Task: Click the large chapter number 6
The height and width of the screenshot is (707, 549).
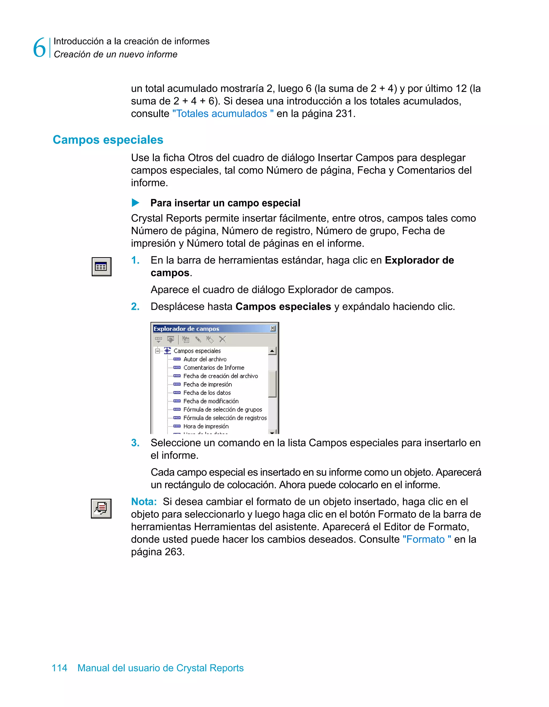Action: click(x=39, y=48)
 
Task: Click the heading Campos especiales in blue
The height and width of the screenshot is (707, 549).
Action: click(x=108, y=140)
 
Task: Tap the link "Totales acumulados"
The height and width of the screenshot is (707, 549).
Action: click(x=223, y=114)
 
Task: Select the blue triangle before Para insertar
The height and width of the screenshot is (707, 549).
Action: click(x=135, y=203)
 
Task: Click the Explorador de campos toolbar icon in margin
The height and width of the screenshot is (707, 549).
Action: click(x=101, y=267)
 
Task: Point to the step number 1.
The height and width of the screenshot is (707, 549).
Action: click(x=135, y=260)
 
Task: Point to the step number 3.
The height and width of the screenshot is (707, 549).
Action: click(x=135, y=443)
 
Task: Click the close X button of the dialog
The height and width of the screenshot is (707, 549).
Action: click(x=273, y=328)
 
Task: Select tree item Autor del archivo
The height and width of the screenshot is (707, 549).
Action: click(x=205, y=359)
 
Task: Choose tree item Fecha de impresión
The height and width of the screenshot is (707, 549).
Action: click(x=207, y=384)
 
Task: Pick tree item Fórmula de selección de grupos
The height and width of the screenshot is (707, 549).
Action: click(x=222, y=410)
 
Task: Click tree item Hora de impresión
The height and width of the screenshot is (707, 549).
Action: click(x=206, y=426)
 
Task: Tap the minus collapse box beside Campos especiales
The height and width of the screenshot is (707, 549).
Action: click(x=157, y=351)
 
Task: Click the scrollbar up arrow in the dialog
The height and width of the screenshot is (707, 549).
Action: click(x=272, y=351)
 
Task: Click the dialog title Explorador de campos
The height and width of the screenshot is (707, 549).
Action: click(x=186, y=329)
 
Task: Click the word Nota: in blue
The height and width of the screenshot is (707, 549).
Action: click(x=144, y=501)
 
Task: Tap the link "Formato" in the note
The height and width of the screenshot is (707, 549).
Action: click(x=426, y=539)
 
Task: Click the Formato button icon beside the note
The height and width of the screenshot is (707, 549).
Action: click(x=101, y=509)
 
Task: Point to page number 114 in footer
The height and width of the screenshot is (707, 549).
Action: click(x=60, y=668)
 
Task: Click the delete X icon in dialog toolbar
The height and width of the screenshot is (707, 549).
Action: click(x=222, y=339)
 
